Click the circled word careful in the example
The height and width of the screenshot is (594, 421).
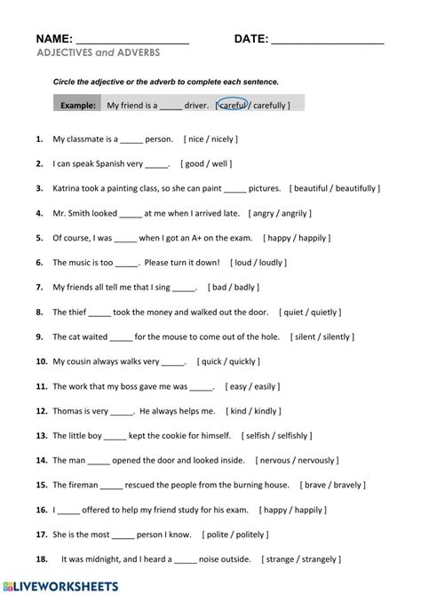coord(234,105)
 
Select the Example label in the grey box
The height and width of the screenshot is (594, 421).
coord(78,105)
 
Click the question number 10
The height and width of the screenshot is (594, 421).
coord(41,361)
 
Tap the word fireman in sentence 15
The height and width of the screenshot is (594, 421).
coord(82,485)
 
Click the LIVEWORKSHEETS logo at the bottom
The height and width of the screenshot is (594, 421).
coord(65,586)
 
